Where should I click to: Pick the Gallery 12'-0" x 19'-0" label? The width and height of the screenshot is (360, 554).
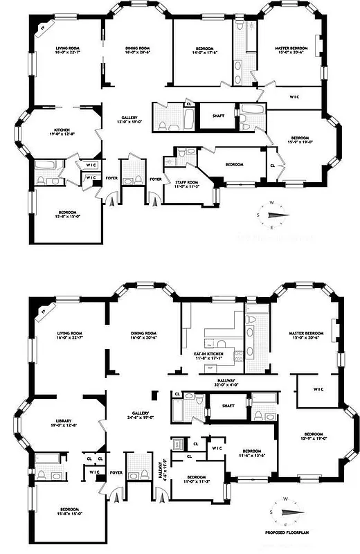pyautogui.click(x=130, y=120)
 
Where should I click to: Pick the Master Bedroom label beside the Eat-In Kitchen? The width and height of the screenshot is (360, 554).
pyautogui.click(x=307, y=335)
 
